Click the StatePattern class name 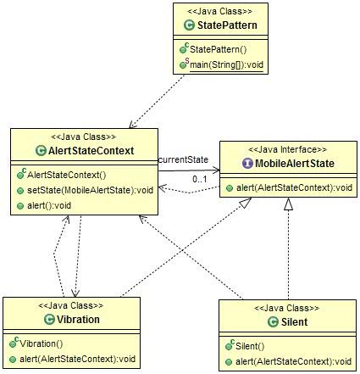(x=227, y=25)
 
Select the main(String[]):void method (x=226, y=65)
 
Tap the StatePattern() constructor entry (x=218, y=49)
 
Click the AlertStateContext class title (x=91, y=151)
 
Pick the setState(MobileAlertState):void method (x=90, y=190)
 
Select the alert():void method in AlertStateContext (x=49, y=205)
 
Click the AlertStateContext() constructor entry (x=67, y=175)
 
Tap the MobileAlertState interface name (x=295, y=164)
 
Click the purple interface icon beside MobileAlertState (x=247, y=164)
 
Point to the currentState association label (x=183, y=159)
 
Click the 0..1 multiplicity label (x=200, y=179)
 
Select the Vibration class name (x=78, y=320)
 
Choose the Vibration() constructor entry (x=42, y=343)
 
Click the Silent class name (x=294, y=322)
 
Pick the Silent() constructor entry (x=250, y=346)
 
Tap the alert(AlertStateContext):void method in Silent (x=293, y=361)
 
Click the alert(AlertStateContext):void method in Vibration (x=77, y=359)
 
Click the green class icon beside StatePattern (x=189, y=25)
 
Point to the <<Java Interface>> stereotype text (x=287, y=149)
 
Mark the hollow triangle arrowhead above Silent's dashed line (x=288, y=204)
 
